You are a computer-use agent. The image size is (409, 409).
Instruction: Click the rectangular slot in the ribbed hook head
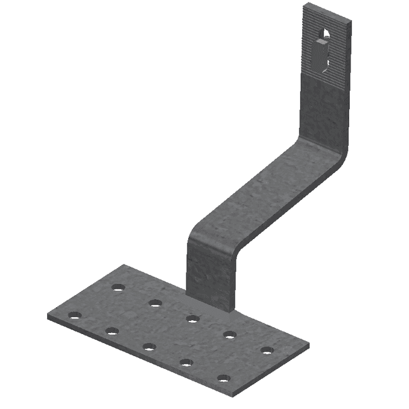pyautogui.click(x=321, y=53)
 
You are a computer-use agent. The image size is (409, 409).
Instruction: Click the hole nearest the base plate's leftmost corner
pyautogui.click(x=75, y=315)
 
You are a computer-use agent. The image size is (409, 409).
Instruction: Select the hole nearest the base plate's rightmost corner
pyautogui.click(x=267, y=350)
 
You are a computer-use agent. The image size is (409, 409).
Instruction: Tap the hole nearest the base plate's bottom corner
pyautogui.click(x=223, y=379)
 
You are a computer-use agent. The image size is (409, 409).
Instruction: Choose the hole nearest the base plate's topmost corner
pyautogui.click(x=118, y=287)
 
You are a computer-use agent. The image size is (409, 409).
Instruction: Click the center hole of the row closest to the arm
pyautogui.click(x=193, y=318)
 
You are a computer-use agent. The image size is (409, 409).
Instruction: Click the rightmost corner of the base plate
pyautogui.click(x=308, y=345)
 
